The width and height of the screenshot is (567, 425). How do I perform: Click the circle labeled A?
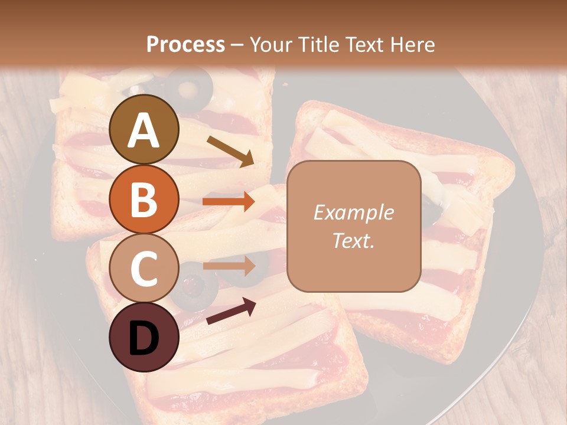(x=144, y=129)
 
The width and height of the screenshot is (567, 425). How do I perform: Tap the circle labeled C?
(x=144, y=268)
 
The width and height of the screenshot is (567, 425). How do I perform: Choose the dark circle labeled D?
(x=144, y=337)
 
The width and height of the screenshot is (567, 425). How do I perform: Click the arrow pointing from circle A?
(x=230, y=151)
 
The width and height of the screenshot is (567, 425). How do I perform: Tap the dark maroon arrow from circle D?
(x=231, y=311)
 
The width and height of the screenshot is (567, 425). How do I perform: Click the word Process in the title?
(x=185, y=45)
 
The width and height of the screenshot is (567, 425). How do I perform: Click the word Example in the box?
(x=353, y=212)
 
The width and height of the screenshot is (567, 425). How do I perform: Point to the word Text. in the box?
(x=353, y=241)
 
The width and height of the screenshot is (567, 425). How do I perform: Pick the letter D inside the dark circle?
(x=144, y=338)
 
